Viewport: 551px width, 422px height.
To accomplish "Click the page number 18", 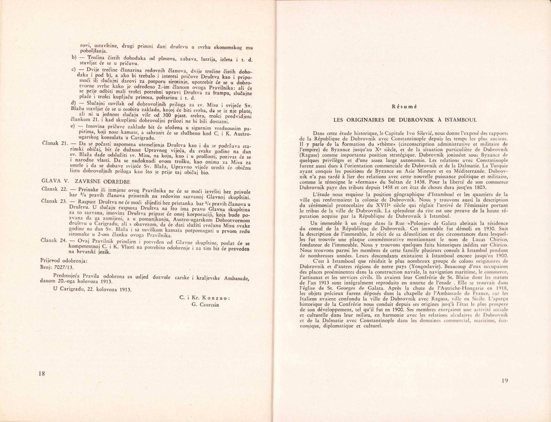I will [42, 373].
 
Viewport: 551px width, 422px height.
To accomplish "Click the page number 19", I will [504, 381].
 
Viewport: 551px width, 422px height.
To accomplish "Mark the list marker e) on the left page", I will [73, 126].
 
